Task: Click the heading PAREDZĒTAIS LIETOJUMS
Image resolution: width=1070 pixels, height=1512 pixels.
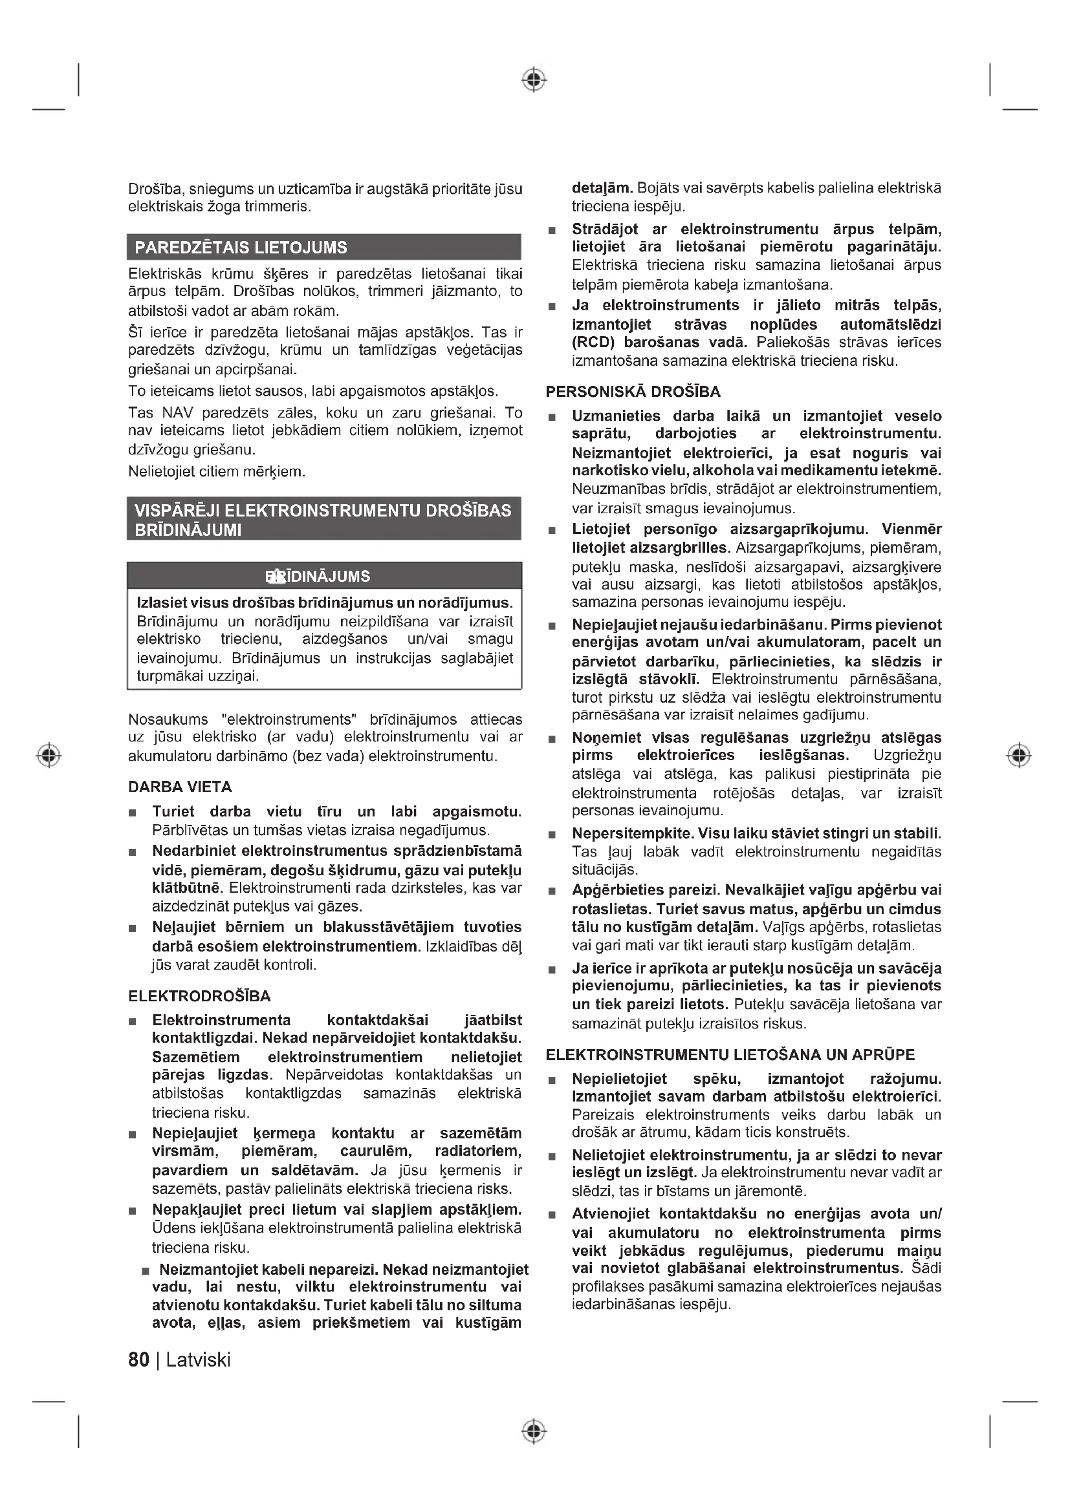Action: (241, 248)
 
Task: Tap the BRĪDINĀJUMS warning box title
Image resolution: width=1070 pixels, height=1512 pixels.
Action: (318, 576)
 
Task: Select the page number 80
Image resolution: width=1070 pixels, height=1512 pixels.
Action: (138, 1360)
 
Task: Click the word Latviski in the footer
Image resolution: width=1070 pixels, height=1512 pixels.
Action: (199, 1360)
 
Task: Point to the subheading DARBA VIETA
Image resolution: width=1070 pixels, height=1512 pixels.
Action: (180, 787)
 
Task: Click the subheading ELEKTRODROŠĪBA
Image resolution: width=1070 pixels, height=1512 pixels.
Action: (200, 996)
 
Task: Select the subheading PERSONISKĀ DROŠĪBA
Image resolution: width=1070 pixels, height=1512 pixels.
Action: (633, 392)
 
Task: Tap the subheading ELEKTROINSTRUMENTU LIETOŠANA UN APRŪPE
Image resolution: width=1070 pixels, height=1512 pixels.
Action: (730, 1055)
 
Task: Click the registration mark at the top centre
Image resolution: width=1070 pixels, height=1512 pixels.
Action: (534, 80)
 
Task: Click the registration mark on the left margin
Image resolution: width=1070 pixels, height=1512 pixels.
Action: (49, 754)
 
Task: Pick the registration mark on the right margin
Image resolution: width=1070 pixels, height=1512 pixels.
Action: (1019, 754)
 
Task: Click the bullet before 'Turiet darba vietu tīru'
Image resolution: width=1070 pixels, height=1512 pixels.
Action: (133, 813)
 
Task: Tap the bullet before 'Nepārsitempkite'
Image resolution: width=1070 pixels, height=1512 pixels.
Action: (552, 835)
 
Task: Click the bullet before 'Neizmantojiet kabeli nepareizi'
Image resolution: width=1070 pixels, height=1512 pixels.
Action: (146, 1270)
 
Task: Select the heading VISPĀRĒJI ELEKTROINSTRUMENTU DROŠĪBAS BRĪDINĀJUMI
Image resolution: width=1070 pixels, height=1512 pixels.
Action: (323, 520)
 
